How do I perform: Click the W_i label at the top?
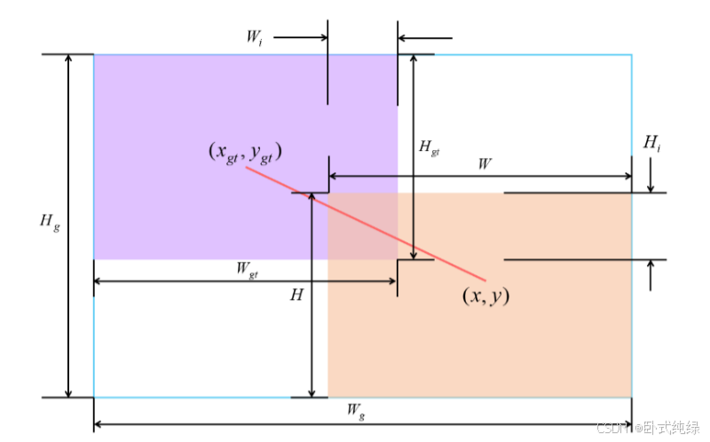(254, 39)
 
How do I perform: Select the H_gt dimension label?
(429, 147)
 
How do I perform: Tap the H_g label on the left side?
(50, 223)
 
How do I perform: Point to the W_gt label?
(248, 272)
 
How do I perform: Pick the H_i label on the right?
(651, 142)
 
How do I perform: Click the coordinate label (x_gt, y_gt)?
(245, 152)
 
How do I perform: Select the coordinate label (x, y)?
(485, 296)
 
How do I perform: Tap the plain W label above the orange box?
(485, 164)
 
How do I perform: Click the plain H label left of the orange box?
(296, 295)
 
